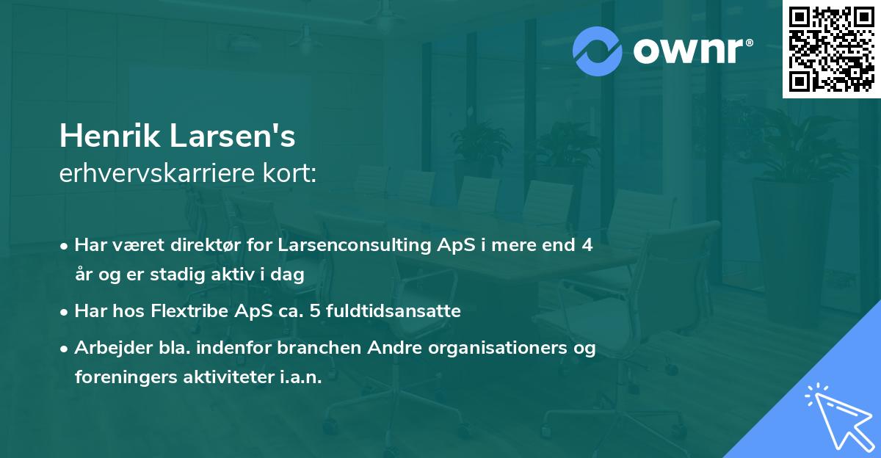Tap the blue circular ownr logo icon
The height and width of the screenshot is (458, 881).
pyautogui.click(x=598, y=51)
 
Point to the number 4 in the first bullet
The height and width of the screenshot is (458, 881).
pyautogui.click(x=587, y=246)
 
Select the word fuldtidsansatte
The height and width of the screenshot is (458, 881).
pyautogui.click(x=391, y=311)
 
